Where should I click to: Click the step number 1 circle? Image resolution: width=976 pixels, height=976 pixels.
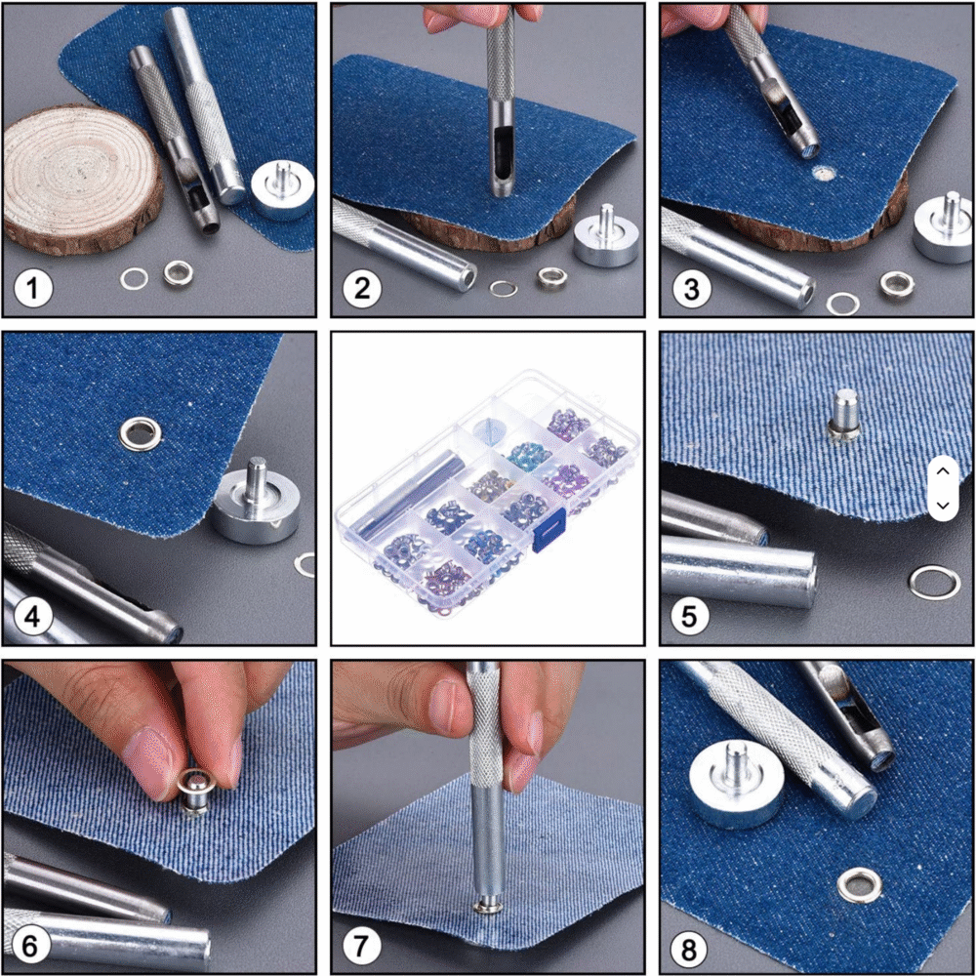pos(33,289)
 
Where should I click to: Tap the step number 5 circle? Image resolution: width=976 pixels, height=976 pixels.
pos(690,616)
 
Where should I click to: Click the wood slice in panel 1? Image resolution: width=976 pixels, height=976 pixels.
pos(81,180)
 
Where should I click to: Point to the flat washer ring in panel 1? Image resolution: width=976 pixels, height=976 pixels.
pos(134,278)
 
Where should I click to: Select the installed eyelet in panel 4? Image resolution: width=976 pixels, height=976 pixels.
pos(141,433)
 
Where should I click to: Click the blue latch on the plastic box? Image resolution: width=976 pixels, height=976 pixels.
pos(549,529)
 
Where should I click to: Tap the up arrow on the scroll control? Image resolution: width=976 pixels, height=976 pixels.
pos(943,471)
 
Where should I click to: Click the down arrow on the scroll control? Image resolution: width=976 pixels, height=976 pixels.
pos(943,506)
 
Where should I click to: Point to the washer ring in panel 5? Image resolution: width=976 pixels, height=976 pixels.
pos(934,582)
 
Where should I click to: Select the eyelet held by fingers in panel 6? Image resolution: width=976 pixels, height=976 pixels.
pos(196,792)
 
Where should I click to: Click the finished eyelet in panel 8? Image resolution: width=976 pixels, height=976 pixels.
pos(860,886)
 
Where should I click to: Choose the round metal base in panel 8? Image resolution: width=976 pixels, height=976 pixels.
pos(736,785)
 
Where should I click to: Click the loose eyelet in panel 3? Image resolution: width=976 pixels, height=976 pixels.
pos(897,284)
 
